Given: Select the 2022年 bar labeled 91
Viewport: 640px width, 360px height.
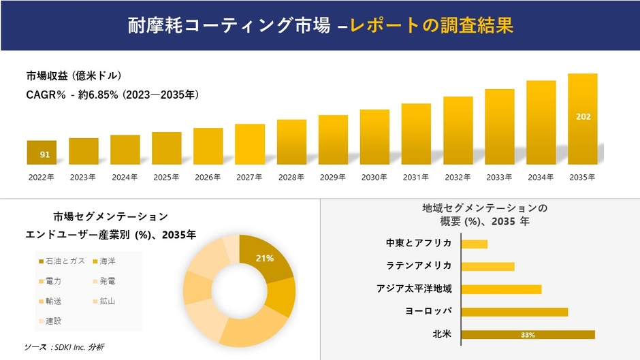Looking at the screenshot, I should pos(42,152).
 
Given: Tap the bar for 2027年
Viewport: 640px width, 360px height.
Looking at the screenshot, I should pos(250,144).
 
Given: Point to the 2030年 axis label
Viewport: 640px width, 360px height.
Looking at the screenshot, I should pos(374,177).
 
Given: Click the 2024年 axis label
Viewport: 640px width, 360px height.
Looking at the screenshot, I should pos(125,177).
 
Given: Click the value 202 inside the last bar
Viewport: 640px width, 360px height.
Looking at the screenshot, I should pos(583,116).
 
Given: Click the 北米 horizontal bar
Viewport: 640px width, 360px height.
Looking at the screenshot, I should pos(528,335).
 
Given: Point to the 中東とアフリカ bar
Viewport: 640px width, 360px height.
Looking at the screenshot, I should pos(475,244).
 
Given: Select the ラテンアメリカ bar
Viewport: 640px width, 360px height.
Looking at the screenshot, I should pos(487,266).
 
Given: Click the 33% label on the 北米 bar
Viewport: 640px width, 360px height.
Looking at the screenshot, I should pos(528,335).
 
